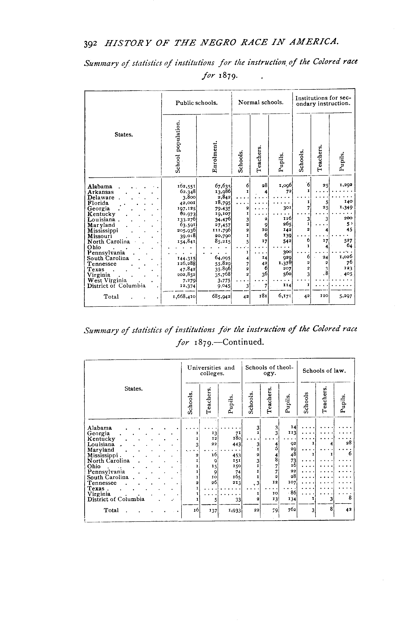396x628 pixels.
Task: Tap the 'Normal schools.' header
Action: click(261, 102)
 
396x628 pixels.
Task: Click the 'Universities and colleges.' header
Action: click(211, 371)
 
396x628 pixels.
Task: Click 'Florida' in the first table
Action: click(98, 203)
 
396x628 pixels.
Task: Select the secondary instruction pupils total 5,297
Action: click(345, 297)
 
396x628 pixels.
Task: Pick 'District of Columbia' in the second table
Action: click(116, 500)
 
